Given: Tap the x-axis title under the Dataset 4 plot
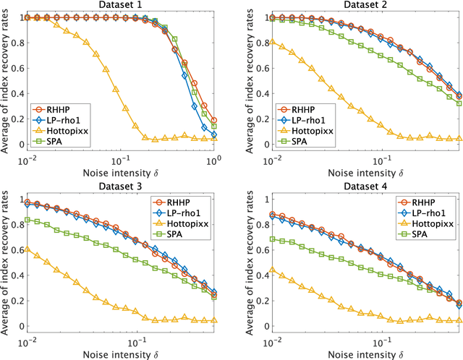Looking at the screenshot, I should (x=368, y=353).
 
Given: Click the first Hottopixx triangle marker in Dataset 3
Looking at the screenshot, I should (x=28, y=248).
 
